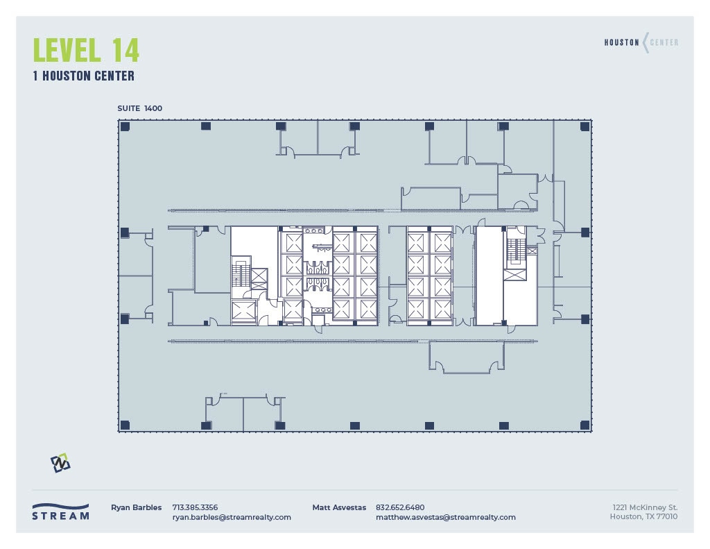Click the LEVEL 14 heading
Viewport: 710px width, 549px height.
click(x=86, y=50)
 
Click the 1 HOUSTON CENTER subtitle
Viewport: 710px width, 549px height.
click(x=83, y=76)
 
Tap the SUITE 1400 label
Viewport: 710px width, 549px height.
click(x=140, y=108)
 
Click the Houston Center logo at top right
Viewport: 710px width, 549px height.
click(x=641, y=43)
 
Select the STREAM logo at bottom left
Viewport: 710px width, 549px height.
click(x=61, y=512)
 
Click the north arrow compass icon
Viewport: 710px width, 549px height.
click(x=60, y=463)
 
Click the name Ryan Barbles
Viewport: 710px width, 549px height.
click(x=136, y=507)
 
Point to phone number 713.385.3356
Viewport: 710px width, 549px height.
click(x=195, y=507)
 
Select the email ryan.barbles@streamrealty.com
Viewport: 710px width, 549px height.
click(x=232, y=517)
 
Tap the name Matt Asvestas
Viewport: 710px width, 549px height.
click(x=339, y=507)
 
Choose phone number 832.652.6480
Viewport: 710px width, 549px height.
click(x=400, y=507)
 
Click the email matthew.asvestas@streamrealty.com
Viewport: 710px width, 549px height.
click(x=445, y=517)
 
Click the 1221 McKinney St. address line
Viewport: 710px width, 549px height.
click(x=644, y=507)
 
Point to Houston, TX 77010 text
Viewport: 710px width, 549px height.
click(x=643, y=517)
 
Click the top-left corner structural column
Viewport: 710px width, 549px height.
click(x=125, y=126)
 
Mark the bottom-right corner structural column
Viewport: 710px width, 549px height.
click(x=585, y=425)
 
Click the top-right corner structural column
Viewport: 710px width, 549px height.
click(x=585, y=126)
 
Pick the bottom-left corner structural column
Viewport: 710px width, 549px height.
click(x=125, y=425)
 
